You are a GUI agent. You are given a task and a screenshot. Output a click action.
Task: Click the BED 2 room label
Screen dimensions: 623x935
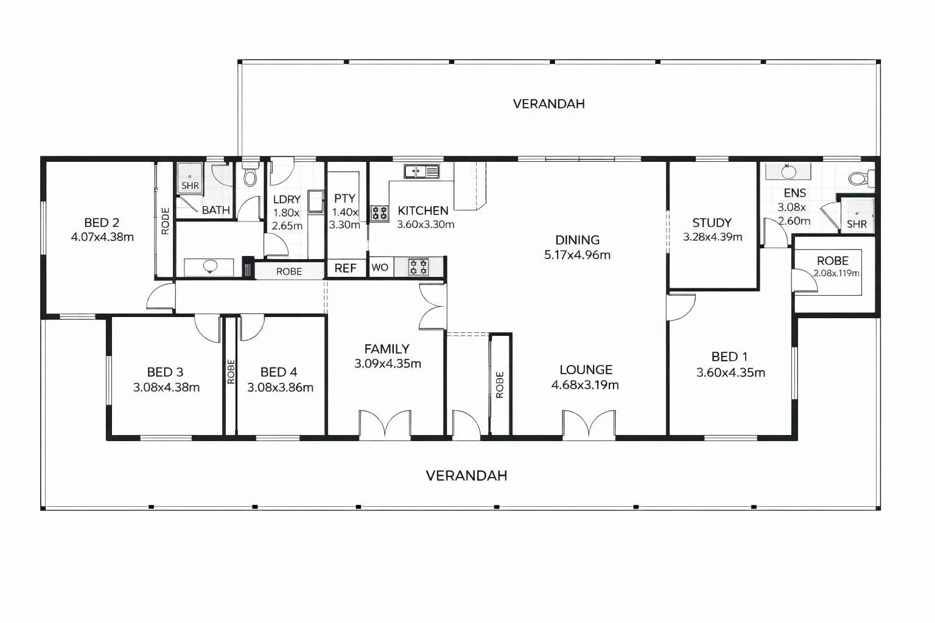pos(102,223)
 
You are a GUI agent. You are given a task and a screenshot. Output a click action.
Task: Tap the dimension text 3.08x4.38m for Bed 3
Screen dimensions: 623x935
pos(166,387)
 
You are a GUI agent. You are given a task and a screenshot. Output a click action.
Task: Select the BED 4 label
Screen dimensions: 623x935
pos(279,372)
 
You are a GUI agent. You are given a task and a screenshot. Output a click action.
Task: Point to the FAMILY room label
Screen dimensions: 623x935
pos(387,349)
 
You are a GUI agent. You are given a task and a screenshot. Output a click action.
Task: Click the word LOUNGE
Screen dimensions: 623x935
pos(586,369)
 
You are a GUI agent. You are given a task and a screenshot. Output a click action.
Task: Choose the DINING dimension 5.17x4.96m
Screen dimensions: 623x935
pos(577,255)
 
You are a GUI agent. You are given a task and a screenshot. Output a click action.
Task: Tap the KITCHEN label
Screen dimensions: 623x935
pos(423,211)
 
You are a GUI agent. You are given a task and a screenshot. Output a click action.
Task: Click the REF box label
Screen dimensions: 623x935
pos(345,268)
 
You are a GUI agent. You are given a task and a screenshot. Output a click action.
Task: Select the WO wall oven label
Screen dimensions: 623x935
pos(380,268)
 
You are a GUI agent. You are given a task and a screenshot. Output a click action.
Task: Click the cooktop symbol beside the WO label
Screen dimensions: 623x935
pos(418,266)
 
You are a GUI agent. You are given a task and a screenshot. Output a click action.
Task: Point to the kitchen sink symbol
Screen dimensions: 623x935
pos(421,172)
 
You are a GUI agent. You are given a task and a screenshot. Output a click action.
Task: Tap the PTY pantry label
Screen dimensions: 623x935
pos(345,198)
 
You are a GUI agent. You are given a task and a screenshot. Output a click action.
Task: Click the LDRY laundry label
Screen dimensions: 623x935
pos(286,200)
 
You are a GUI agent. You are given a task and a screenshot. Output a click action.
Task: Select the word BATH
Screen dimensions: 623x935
pos(215,210)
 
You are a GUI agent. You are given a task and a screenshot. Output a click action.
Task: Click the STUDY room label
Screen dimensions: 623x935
pos(712,223)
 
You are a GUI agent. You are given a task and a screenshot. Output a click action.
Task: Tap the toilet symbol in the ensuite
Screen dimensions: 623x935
pos(859,178)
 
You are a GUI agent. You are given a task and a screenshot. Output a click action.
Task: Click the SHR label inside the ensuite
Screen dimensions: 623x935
pos(856,224)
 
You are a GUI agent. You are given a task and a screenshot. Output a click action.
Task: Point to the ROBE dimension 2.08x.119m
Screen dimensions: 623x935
pos(836,273)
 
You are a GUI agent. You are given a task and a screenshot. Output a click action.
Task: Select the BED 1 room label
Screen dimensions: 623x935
pos(729,357)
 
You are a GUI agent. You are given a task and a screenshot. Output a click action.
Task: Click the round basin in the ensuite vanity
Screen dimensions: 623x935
pos(788,172)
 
